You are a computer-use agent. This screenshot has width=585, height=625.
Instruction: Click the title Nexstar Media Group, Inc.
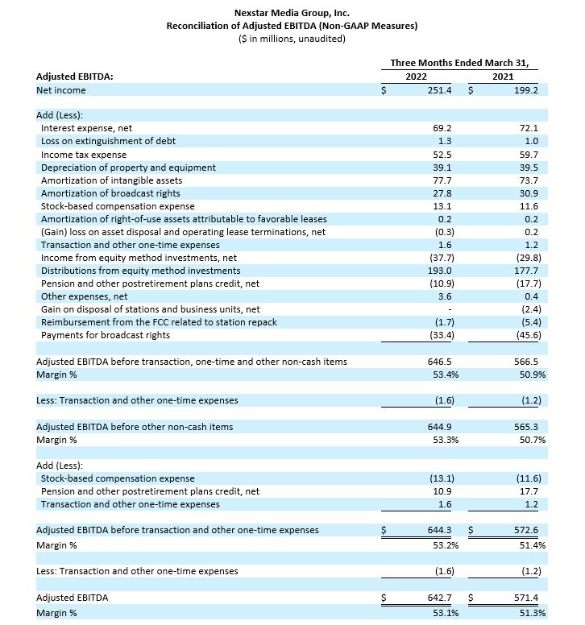click(x=292, y=13)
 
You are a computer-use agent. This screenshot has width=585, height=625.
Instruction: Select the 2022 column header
click(x=417, y=76)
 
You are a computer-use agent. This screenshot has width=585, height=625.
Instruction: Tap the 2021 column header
click(x=501, y=76)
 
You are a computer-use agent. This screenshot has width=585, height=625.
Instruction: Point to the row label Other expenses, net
click(x=79, y=296)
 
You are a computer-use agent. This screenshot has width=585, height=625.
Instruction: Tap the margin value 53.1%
click(x=440, y=613)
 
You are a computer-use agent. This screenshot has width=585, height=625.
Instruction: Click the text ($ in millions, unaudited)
click(x=292, y=39)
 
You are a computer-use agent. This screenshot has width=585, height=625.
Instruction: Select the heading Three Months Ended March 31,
click(x=464, y=62)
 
